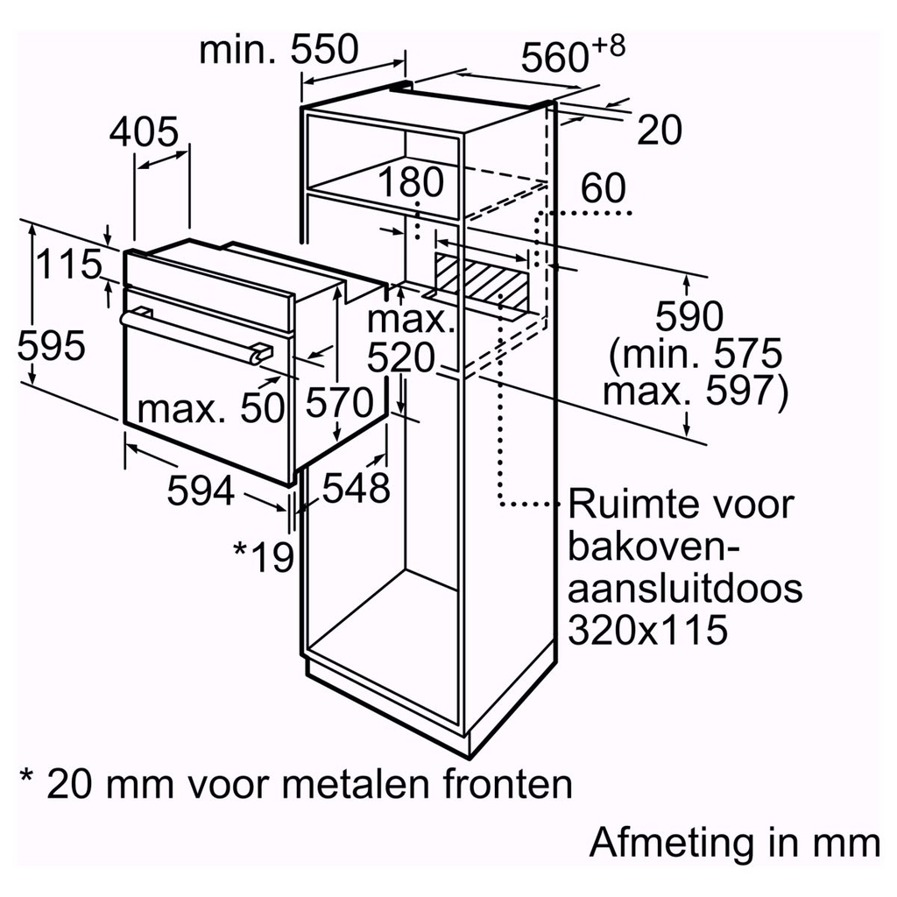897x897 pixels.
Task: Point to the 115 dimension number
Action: tap(69, 264)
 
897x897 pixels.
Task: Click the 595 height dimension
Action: tap(52, 346)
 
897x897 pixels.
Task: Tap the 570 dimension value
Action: tap(340, 404)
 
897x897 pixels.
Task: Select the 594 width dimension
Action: tap(201, 492)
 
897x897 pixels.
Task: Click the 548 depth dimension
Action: tap(356, 488)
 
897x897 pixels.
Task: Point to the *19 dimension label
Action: tap(263, 555)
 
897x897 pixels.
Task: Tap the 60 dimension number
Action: tap(603, 189)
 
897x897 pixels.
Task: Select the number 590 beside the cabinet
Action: tap(690, 316)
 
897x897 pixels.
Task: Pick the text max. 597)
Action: tap(696, 392)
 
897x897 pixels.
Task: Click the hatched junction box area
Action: tap(480, 279)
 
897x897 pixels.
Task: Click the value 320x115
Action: tap(648, 628)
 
